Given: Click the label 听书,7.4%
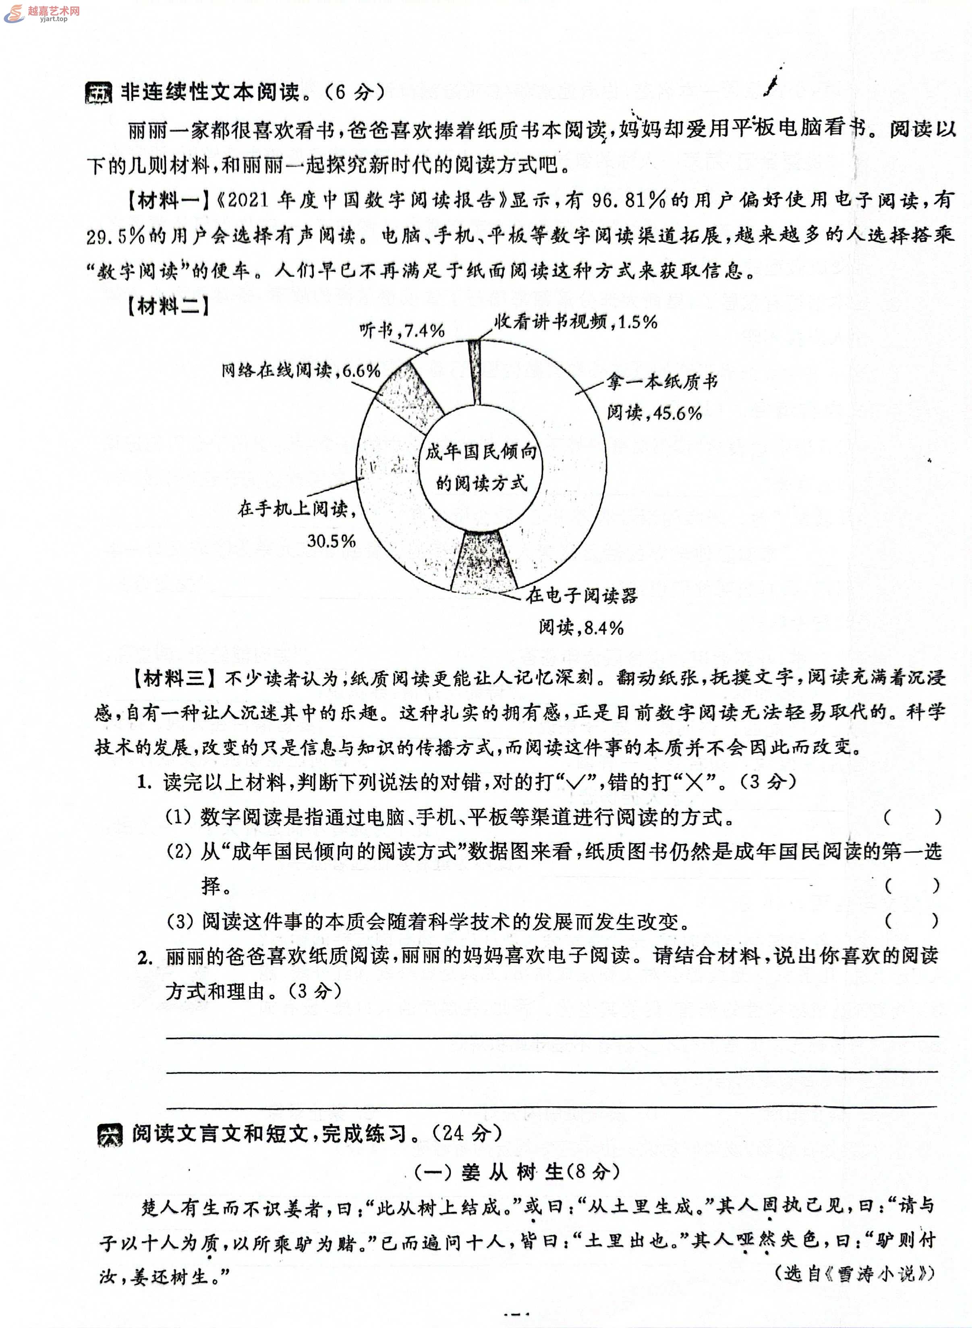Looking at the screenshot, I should click(402, 331).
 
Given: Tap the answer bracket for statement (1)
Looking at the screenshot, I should click(912, 817).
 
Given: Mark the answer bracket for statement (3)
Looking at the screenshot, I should click(912, 921).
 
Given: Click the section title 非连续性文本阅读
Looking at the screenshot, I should click(210, 92).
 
